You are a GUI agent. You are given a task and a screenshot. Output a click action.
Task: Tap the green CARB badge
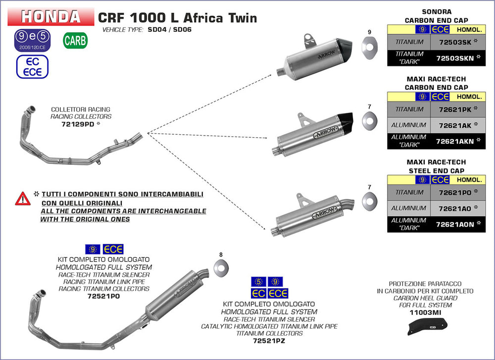tap(75, 41)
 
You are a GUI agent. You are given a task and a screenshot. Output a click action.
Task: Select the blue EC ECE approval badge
tap(32, 66)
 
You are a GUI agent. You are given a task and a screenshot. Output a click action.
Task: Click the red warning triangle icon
tap(23, 199)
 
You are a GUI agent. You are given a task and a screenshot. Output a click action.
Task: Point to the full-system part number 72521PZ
tap(269, 341)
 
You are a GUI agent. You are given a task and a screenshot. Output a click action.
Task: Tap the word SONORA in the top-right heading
tap(436, 12)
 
